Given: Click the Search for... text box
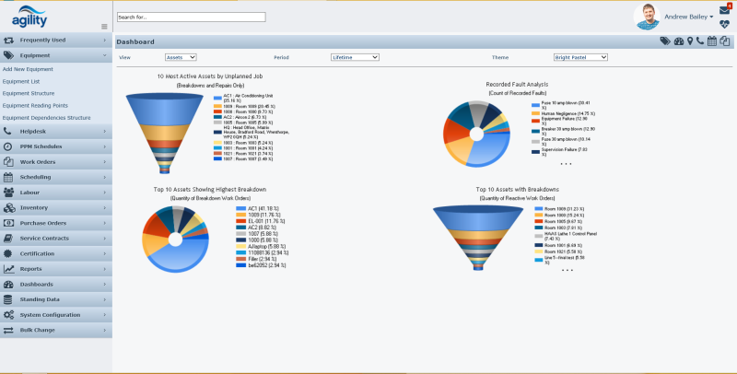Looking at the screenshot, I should tap(191, 17).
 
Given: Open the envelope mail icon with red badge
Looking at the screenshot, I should tap(724, 10).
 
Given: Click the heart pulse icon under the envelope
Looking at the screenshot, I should tap(724, 25).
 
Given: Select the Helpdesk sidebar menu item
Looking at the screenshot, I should tap(55, 132).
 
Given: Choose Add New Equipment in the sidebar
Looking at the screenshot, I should tap(28, 69).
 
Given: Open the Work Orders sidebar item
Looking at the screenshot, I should tap(55, 161).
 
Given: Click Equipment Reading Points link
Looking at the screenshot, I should tap(35, 105).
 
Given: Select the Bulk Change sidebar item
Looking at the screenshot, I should tap(55, 330).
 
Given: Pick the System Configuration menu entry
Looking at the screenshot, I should tap(55, 315).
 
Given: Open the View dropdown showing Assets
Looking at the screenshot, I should tap(180, 57).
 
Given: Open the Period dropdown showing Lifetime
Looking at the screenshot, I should tap(355, 57).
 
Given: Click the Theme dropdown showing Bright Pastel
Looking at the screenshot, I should tap(580, 57).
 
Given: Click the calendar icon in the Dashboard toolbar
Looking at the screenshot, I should tap(712, 41).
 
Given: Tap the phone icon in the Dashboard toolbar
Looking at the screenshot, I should tap(700, 41).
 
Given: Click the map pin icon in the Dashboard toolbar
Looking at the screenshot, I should tap(690, 41).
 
